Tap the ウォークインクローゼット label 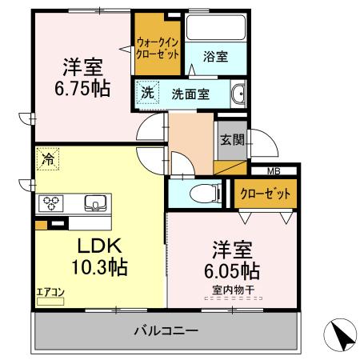(x=157, y=47)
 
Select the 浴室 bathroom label (x=214, y=57)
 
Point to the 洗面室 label (x=190, y=94)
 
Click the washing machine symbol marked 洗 (x=146, y=92)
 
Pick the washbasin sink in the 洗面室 (x=238, y=94)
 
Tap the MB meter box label (x=274, y=170)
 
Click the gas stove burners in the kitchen (x=51, y=203)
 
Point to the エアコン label (x=49, y=294)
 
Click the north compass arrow (x=339, y=334)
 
